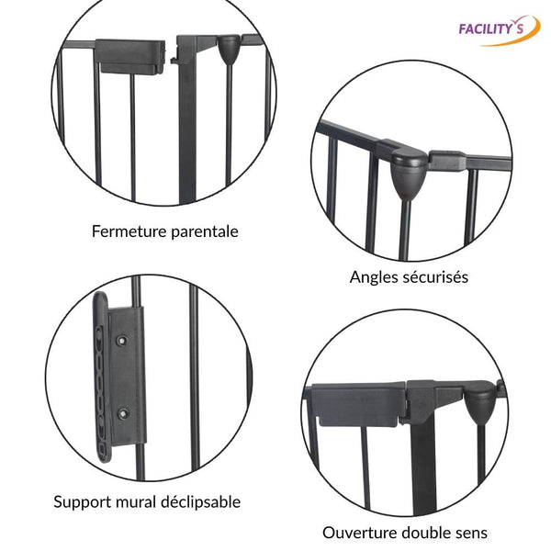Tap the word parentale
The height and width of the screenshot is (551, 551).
point(205,231)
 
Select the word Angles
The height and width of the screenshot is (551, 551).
point(375,276)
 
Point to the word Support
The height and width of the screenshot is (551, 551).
point(84,502)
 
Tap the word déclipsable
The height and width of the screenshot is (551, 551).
point(199,502)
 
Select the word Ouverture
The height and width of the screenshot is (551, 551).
point(358,533)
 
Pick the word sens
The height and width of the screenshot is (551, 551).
point(470,533)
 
